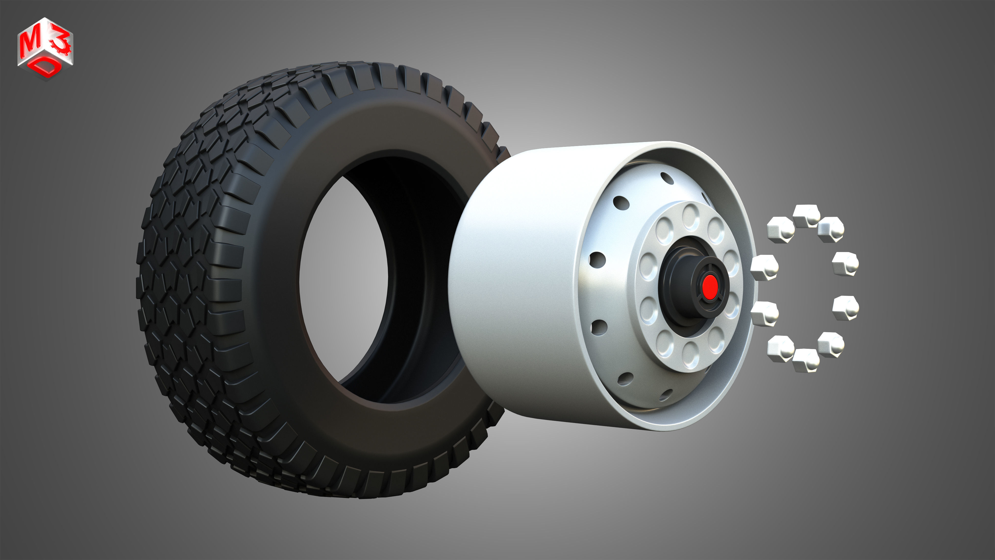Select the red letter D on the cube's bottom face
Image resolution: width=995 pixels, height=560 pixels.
[47, 68]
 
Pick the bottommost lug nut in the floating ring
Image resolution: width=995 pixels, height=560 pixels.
[805, 360]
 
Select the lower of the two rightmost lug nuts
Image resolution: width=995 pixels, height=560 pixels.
[845, 308]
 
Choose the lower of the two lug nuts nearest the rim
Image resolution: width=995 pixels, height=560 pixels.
[764, 313]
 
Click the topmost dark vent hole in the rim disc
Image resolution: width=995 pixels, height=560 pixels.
[667, 178]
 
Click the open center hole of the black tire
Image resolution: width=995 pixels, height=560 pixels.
[344, 278]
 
